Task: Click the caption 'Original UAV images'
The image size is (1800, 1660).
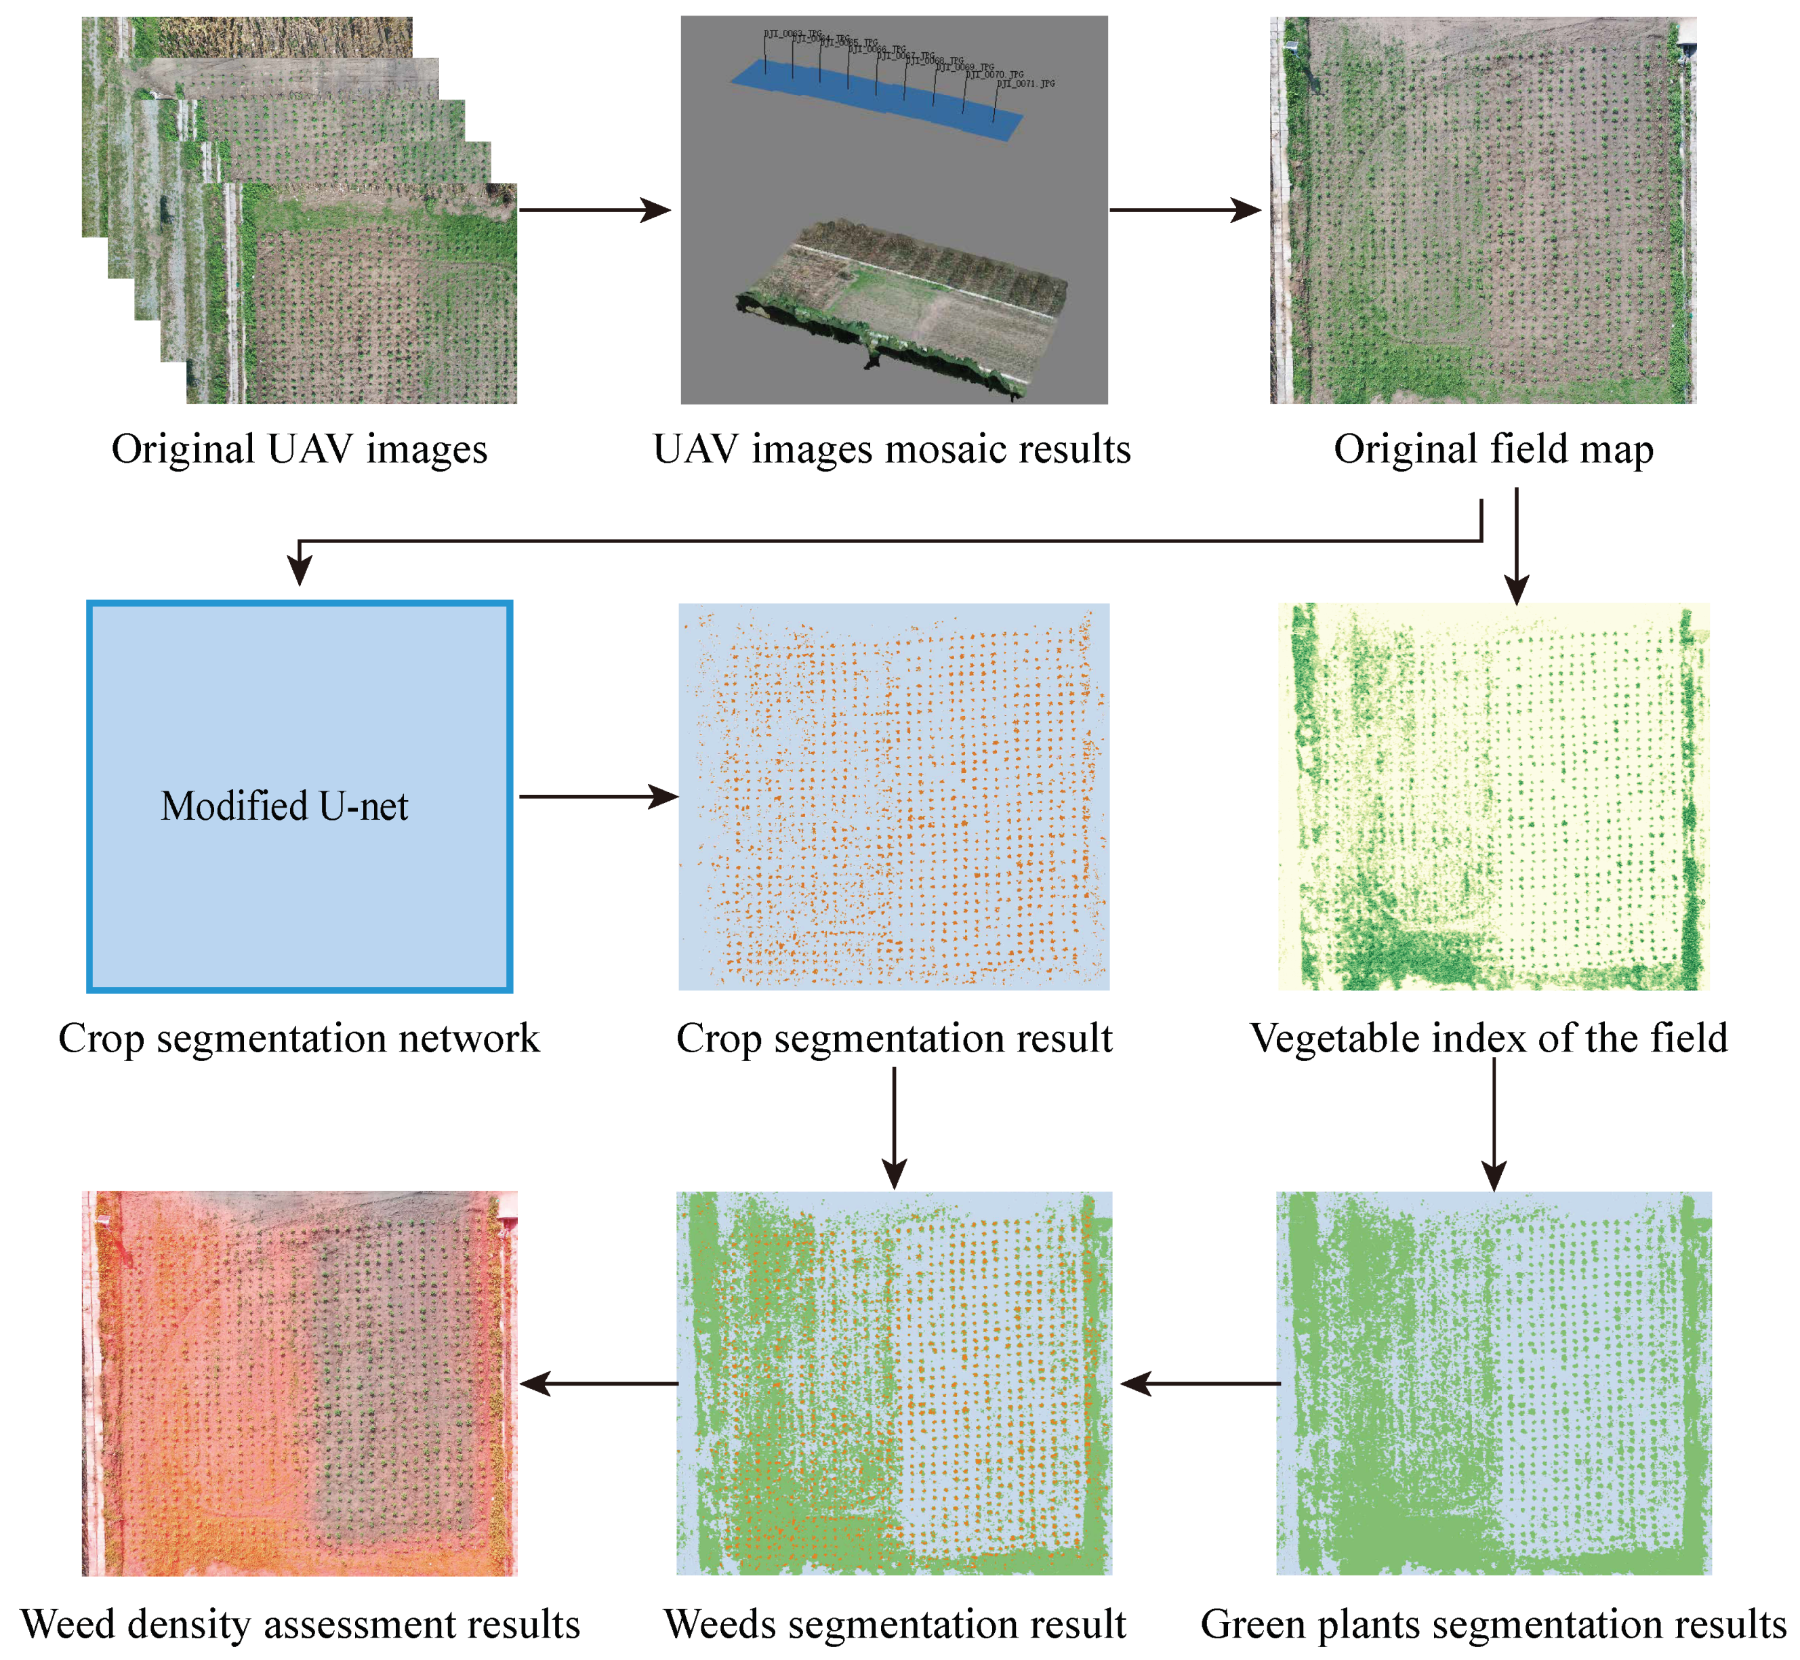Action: click(300, 449)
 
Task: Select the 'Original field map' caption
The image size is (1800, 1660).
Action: click(1493, 449)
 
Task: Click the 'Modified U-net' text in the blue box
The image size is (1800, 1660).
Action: click(284, 806)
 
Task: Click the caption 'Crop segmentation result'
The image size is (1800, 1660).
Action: click(894, 1039)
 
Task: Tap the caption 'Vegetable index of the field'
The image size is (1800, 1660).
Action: click(1489, 1039)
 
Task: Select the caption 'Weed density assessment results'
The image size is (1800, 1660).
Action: click(300, 1624)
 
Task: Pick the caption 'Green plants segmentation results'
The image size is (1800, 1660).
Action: click(1494, 1624)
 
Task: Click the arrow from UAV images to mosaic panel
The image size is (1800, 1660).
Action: click(595, 210)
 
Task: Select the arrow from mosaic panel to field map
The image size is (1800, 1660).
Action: click(1185, 210)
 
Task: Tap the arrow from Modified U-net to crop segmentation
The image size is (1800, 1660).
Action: click(598, 796)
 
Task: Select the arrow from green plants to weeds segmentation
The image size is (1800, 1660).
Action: click(1200, 1384)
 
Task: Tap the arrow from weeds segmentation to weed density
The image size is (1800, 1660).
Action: click(598, 1384)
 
